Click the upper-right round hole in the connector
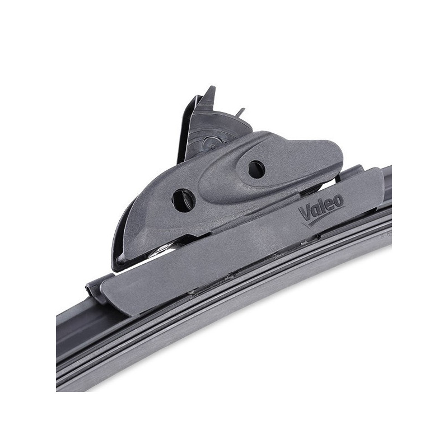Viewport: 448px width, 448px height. point(256,169)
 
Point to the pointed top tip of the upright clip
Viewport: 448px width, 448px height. point(211,87)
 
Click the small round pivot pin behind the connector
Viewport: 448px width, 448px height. point(213,146)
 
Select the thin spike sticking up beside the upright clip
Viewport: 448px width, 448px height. point(241,111)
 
